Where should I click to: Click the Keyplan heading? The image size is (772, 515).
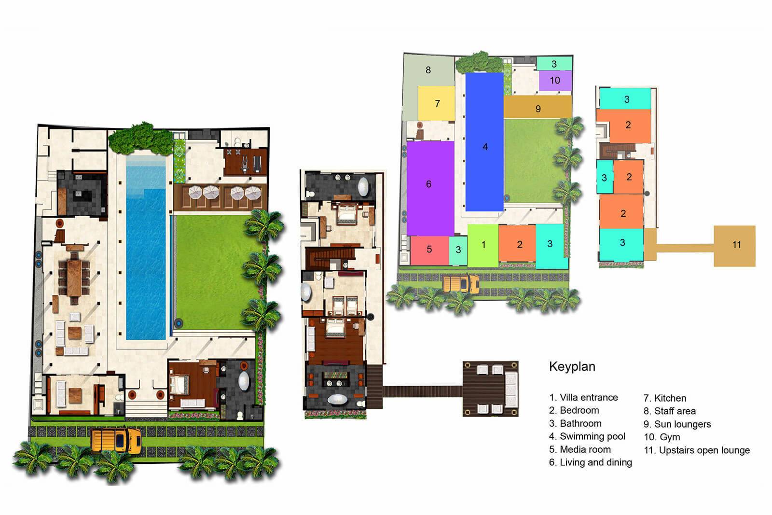(572, 366)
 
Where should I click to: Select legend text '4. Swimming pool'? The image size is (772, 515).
(587, 436)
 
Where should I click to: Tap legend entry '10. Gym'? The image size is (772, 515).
(662, 437)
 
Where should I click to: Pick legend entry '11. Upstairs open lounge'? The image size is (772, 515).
(697, 450)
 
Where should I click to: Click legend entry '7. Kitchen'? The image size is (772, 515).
(665, 398)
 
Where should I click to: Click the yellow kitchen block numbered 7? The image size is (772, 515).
(437, 103)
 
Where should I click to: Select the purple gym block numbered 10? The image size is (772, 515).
(555, 81)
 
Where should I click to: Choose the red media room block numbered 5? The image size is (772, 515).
(429, 250)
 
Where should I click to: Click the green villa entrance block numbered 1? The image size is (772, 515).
(483, 245)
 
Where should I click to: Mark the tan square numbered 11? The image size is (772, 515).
(735, 245)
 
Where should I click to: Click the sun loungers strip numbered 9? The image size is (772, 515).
(538, 107)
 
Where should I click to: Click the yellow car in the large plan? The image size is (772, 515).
(116, 439)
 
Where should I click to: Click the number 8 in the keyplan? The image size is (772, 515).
(428, 70)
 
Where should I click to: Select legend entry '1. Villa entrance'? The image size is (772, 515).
(583, 397)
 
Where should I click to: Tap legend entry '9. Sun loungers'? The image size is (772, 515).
(677, 424)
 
